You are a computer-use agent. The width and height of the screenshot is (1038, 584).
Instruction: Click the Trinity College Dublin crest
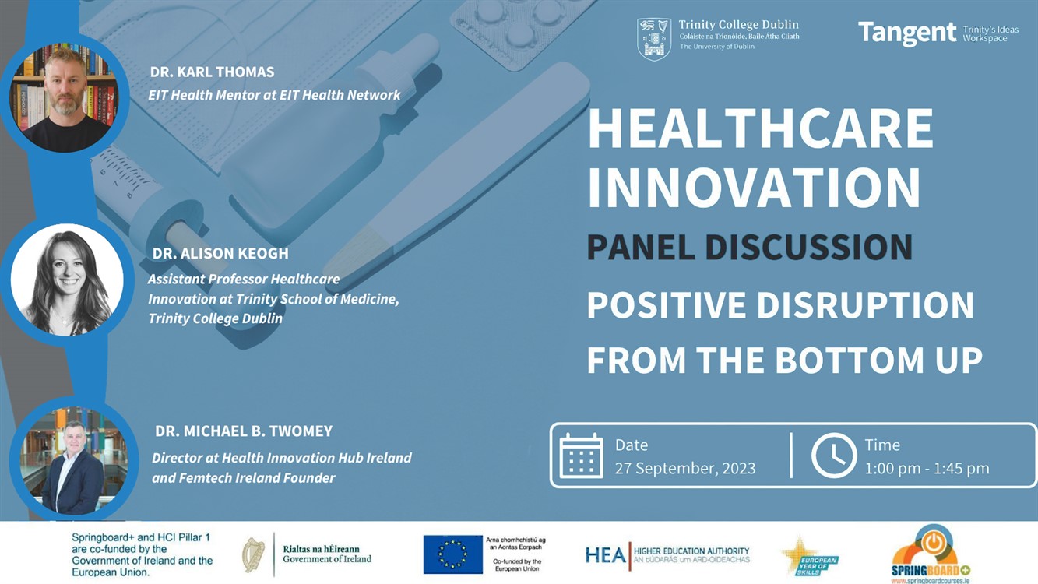pos(653,40)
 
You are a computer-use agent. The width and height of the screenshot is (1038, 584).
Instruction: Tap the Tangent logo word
pos(907,33)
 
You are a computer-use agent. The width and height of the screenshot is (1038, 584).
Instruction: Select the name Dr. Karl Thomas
pos(213,72)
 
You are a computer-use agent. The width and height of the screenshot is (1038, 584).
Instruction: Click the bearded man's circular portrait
pos(65,97)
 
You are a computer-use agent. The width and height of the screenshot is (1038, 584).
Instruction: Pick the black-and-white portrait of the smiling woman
pos(67,281)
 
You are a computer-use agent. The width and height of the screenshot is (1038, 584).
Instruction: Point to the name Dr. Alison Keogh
pos(220,253)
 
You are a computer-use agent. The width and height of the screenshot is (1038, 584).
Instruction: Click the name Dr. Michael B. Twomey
pos(244,431)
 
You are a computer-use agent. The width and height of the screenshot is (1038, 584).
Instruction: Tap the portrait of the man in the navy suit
pos(73,460)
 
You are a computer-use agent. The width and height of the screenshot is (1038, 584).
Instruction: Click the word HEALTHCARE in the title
pos(761,128)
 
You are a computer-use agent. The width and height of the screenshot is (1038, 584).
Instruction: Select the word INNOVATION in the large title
pos(754,187)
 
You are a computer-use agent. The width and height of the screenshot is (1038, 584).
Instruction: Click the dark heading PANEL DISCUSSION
pos(750,247)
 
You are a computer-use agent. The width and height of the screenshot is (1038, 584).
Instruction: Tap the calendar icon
pos(581,456)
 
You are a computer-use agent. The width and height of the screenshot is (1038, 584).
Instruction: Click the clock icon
pos(834,456)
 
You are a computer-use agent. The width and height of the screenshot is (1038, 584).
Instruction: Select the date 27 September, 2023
pos(685,468)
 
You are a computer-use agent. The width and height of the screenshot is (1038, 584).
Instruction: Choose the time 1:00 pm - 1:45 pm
pos(927,468)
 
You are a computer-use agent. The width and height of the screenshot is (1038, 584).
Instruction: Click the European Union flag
pos(452,554)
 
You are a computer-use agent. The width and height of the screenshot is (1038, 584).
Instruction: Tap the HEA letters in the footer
pos(605,554)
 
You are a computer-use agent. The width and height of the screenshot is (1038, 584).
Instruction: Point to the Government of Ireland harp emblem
pos(254,554)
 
